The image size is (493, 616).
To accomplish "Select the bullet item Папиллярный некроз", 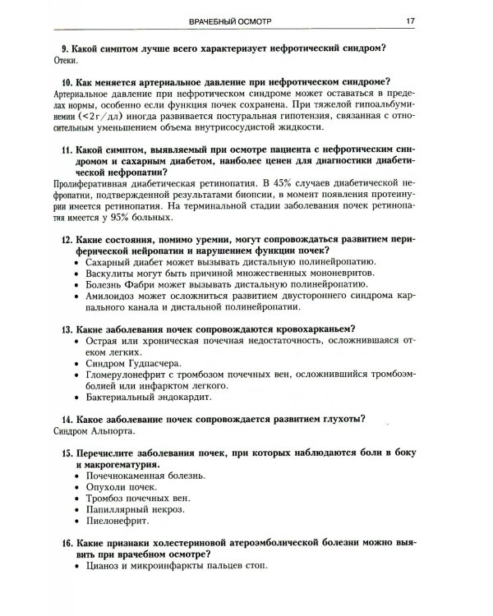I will pyautogui.click(x=131, y=509).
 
